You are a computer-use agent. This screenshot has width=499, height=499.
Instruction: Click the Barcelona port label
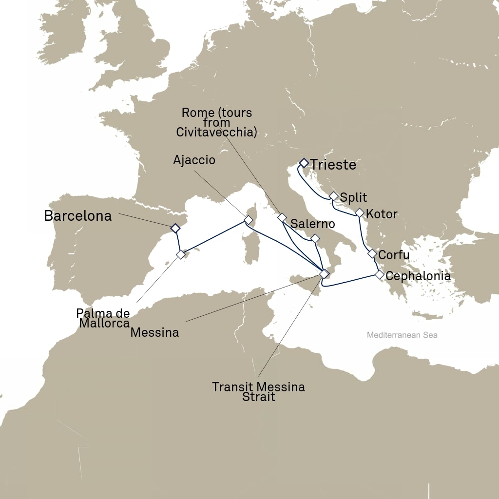pyautogui.click(x=78, y=216)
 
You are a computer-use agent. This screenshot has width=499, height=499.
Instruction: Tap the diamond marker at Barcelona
pyautogui.click(x=175, y=228)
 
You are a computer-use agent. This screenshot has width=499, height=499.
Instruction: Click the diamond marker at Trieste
pyautogui.click(x=304, y=162)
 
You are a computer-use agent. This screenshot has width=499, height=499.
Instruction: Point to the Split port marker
pyautogui.click(x=333, y=196)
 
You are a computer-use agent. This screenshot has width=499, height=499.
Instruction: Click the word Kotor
pyautogui.click(x=382, y=214)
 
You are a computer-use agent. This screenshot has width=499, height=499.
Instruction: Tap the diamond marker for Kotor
pyautogui.click(x=360, y=212)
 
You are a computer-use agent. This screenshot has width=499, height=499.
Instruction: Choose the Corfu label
pyautogui.click(x=394, y=255)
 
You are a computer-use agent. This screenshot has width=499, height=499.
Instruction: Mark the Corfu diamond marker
pyautogui.click(x=372, y=253)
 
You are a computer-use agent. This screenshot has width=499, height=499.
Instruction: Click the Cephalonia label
pyautogui.click(x=418, y=276)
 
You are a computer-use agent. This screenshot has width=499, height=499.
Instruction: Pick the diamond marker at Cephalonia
pyautogui.click(x=380, y=275)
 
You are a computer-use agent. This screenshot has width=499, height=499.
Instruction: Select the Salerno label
pyautogui.click(x=312, y=224)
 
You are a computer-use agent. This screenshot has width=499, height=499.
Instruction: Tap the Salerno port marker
pyautogui.click(x=315, y=238)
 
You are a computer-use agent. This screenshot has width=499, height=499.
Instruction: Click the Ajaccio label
pyautogui.click(x=194, y=160)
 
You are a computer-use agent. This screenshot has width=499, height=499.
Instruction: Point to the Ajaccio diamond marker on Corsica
pyautogui.click(x=249, y=220)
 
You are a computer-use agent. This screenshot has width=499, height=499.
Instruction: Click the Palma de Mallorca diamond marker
pyautogui.click(x=181, y=254)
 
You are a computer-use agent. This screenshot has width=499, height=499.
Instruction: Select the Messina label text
pyautogui.click(x=155, y=333)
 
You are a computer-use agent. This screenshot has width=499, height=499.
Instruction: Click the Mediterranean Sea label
pyautogui.click(x=402, y=335)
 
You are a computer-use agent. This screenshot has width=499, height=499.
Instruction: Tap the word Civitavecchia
pyautogui.click(x=216, y=132)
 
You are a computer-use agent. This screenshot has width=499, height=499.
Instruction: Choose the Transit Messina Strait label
pyautogui.click(x=258, y=392)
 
